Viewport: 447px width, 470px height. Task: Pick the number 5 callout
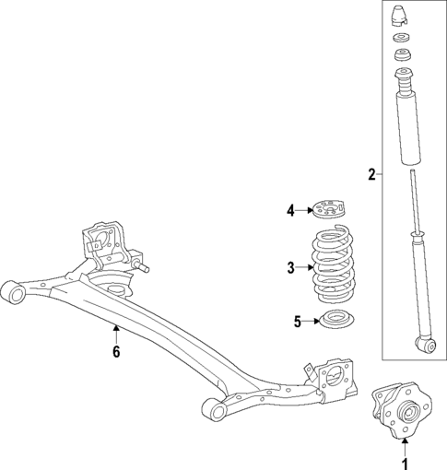click(298, 322)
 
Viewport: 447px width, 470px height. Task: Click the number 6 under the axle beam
click(116, 351)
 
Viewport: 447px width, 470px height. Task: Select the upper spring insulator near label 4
click(330, 209)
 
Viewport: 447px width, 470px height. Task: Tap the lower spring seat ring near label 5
click(335, 323)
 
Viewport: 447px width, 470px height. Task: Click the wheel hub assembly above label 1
click(400, 414)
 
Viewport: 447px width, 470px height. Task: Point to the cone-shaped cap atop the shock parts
click(401, 16)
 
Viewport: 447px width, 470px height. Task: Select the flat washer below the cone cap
click(401, 39)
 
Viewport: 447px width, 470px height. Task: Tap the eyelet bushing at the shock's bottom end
click(426, 346)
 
